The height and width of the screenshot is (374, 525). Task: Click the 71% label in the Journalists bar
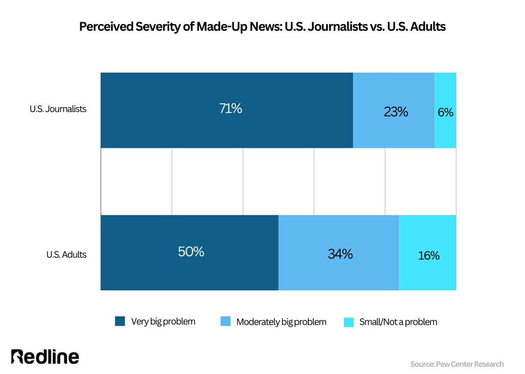coord(231,109)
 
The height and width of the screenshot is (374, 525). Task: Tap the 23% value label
coord(396,111)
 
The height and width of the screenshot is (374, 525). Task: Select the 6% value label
coord(445,112)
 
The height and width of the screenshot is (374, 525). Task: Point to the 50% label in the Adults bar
coord(191,252)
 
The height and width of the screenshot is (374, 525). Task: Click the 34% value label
coord(340,253)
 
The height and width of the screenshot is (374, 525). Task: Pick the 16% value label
coord(428,255)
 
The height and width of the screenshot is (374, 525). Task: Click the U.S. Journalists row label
coord(58,109)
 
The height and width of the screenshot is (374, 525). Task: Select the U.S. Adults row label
coord(66,254)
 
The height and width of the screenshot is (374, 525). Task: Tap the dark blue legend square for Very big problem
coord(120,322)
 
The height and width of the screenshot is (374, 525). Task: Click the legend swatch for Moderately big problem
coord(226,322)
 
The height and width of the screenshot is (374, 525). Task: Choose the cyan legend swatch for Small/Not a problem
coord(349,322)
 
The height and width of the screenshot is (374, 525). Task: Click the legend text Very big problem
coord(163,322)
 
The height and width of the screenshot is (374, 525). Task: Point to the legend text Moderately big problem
coord(281,322)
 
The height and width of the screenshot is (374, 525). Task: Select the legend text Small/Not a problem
coord(398,322)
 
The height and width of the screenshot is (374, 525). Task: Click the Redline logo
coord(45,357)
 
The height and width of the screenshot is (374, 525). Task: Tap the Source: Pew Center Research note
coord(457,364)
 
